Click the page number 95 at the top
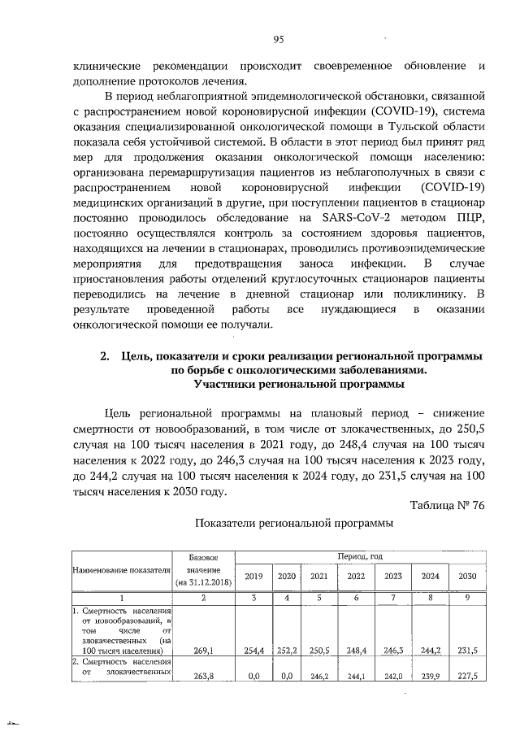pos(277,39)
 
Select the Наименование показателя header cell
pos(121,572)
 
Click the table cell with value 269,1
pos(203,651)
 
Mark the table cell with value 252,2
pos(286,651)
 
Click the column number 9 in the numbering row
pos(466,599)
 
